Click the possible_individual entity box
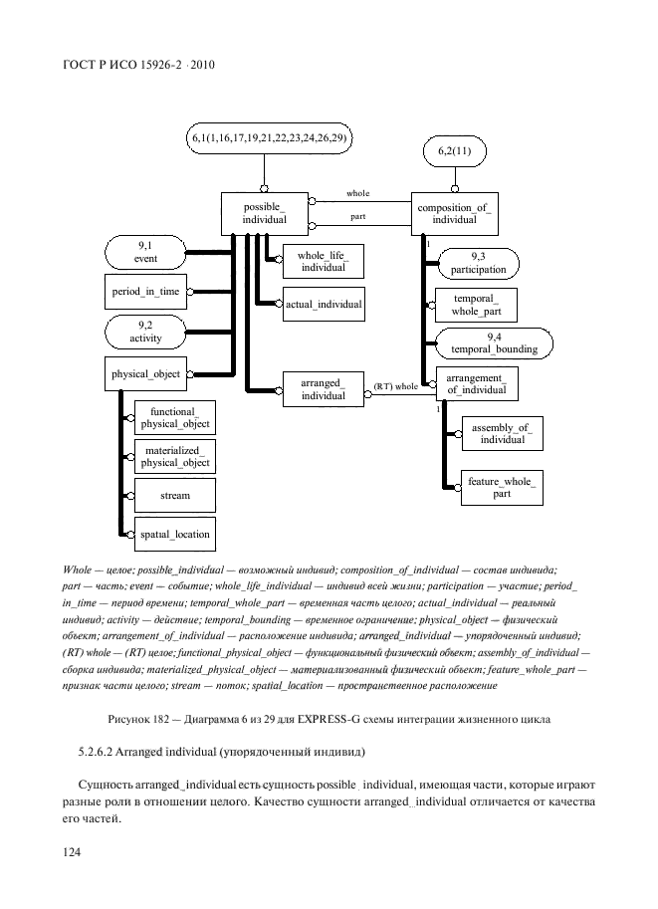coord(264,213)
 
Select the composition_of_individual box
coord(454,213)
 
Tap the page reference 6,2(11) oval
coord(454,151)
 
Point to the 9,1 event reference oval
coord(145,252)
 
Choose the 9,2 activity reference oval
coord(145,331)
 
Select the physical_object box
coord(144,374)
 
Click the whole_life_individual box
coord(323,261)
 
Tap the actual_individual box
coord(323,303)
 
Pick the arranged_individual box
coord(323,389)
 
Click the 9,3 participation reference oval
coord(478,263)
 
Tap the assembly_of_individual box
coord(502,433)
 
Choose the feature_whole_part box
coord(502,488)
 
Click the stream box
coord(174,494)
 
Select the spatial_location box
coord(174,534)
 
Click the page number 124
coord(72,852)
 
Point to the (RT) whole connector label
coord(395,386)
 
